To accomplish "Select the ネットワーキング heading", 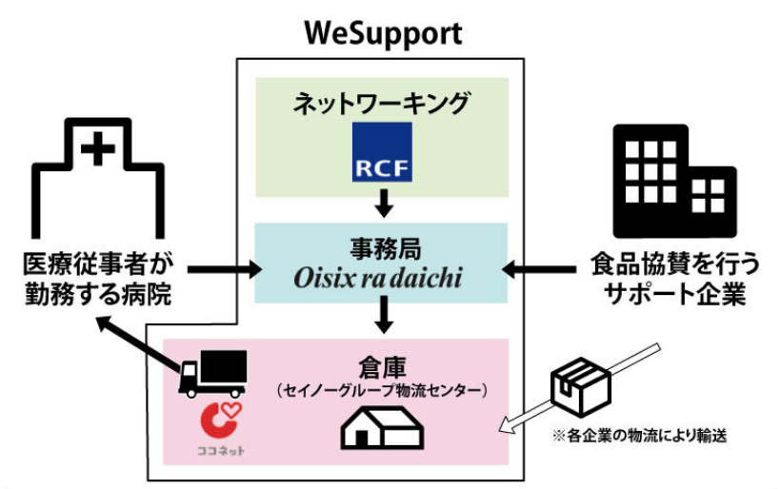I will coord(381,103).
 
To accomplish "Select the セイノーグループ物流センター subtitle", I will coord(381,390).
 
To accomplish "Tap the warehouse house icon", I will coord(381,427).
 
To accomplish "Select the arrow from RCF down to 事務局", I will coord(383,203).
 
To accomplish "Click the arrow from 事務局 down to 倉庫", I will coord(383,315).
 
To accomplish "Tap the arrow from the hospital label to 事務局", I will coord(224,270).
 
